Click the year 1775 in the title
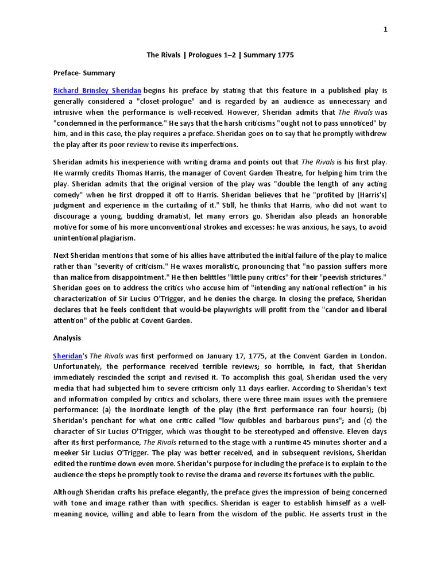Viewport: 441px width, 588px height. pos(283,55)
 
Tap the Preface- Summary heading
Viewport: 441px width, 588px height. pos(84,73)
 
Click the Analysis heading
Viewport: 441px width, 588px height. pos(67,338)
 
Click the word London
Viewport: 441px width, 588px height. pos(369,355)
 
